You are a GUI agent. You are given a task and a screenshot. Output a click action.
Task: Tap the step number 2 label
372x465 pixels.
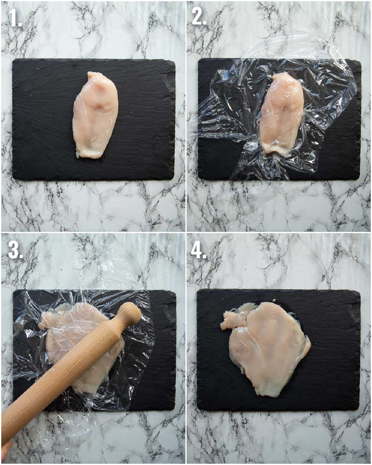(199, 16)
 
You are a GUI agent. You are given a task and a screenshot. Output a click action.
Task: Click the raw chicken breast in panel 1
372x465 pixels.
(95, 115)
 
